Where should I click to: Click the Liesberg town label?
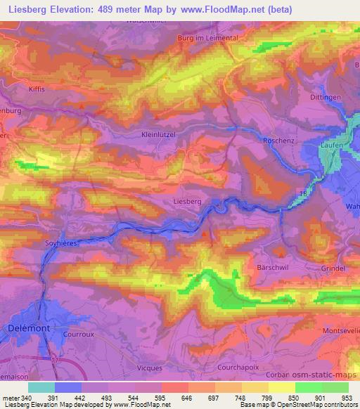(x=187, y=201)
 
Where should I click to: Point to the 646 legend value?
(x=188, y=398)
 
